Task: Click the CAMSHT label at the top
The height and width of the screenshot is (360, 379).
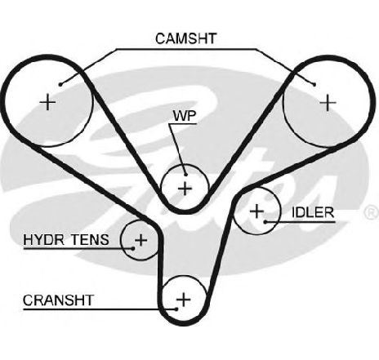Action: pos(186,38)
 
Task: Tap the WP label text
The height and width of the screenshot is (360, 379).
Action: pos(185,116)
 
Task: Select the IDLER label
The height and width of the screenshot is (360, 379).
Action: pos(313,212)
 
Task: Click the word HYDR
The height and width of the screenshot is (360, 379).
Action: pos(44,239)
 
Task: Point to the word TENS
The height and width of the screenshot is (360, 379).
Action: pos(90,239)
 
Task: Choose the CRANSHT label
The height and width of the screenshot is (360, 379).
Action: pos(58,300)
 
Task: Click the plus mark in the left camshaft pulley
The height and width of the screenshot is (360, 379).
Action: pos(47,102)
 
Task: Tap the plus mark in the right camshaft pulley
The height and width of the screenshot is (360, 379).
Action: pos(328,103)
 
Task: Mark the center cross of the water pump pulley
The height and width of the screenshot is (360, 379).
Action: pos(185,189)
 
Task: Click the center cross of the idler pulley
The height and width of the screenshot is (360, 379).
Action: pos(256,211)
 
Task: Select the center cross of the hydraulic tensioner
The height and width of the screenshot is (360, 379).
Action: pos(141,240)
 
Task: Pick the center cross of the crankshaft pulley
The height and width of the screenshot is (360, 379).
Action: pos(184,300)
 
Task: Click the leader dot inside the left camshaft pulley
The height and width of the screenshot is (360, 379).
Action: pos(60,85)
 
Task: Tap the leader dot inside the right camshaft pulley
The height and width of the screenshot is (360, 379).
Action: pos(314,85)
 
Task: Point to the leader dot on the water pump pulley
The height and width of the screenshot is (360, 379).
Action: pos(185,175)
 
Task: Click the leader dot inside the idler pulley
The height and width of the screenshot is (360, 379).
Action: pos(265,222)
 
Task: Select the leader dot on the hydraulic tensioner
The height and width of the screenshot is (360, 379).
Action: pos(133,248)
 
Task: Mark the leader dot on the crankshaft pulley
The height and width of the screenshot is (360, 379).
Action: pos(176,309)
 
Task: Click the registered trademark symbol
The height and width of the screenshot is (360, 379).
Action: pos(372,212)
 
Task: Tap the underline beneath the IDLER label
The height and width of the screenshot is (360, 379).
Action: pos(301,222)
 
